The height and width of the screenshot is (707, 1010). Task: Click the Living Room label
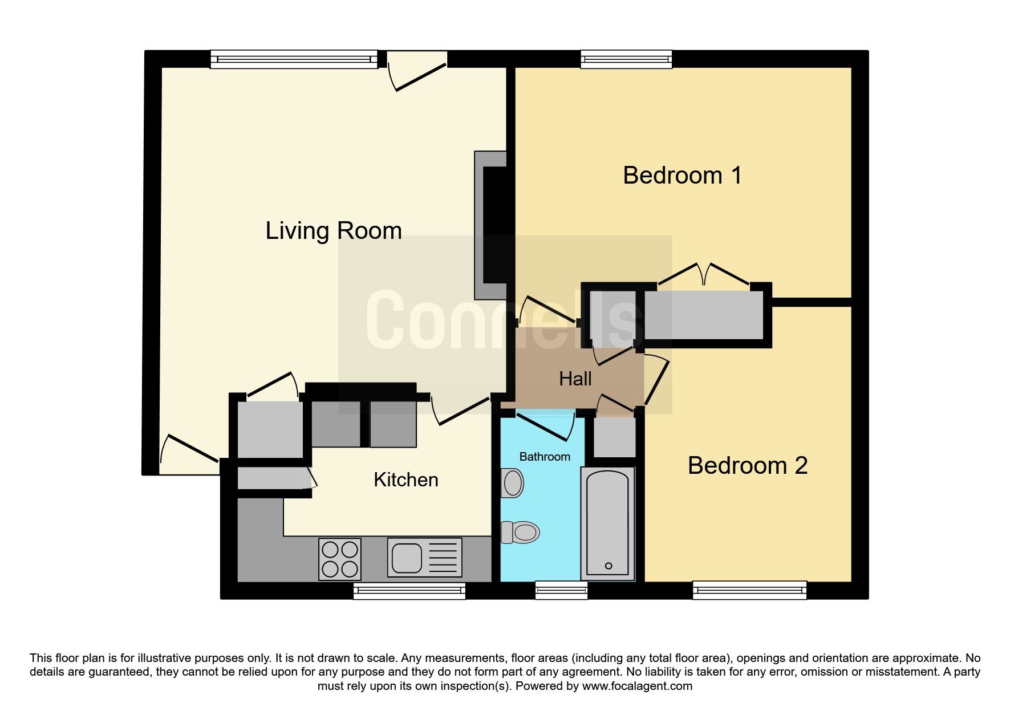(x=334, y=231)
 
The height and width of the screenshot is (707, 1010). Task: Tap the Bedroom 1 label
(x=682, y=175)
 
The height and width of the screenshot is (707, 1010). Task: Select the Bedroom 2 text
(x=748, y=466)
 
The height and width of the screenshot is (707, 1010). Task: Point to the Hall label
(x=575, y=379)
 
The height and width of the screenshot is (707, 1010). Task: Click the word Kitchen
(x=406, y=480)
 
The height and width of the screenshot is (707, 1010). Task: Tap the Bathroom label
(x=545, y=457)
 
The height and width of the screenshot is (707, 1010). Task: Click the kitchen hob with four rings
(x=340, y=559)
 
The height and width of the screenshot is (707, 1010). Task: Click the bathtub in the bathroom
(x=608, y=524)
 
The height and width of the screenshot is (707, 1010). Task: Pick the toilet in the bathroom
(x=520, y=533)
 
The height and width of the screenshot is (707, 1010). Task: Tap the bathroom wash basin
(x=512, y=483)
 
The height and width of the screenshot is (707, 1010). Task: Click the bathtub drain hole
(x=609, y=566)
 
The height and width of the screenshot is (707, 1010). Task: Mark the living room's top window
(x=294, y=59)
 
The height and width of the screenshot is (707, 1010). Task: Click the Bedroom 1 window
(x=626, y=59)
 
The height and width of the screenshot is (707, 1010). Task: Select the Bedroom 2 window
(x=749, y=590)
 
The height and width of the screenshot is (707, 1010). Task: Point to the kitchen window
(x=409, y=591)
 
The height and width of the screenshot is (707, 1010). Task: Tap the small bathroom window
(x=561, y=590)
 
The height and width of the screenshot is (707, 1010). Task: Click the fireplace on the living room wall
(x=491, y=225)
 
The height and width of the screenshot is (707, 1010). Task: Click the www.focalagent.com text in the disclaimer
(x=637, y=686)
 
